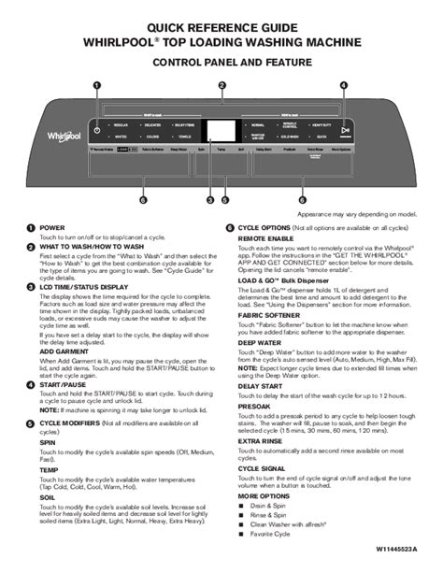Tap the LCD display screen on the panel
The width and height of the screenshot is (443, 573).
coord(221,132)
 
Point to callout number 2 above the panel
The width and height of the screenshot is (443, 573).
coord(221,86)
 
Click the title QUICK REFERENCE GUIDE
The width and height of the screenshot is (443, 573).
coord(221,29)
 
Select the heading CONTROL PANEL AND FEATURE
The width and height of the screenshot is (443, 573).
coord(221,61)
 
